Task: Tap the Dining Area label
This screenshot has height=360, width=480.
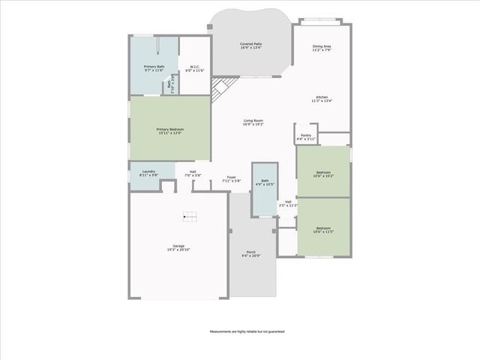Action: (x=322, y=48)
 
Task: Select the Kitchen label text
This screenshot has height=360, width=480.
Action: (x=322, y=98)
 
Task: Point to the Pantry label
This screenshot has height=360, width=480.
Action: (x=306, y=137)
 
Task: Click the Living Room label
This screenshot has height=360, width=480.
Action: (x=253, y=123)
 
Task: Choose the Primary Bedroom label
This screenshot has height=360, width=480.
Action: (x=170, y=131)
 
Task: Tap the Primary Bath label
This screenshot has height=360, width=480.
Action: (x=154, y=69)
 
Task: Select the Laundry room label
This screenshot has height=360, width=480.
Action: (x=148, y=173)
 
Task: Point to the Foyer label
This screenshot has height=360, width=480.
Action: (x=231, y=179)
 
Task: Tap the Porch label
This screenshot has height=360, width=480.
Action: (x=250, y=253)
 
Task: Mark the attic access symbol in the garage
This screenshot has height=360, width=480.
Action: (x=190, y=217)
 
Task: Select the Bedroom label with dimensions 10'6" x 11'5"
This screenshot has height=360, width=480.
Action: (x=323, y=229)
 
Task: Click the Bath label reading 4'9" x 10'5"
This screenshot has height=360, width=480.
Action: (x=265, y=182)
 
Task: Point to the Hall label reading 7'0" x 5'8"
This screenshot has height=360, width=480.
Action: (x=193, y=173)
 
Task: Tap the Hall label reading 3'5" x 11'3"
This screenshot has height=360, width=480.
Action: (x=288, y=203)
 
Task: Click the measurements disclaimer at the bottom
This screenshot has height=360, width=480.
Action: (x=247, y=331)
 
